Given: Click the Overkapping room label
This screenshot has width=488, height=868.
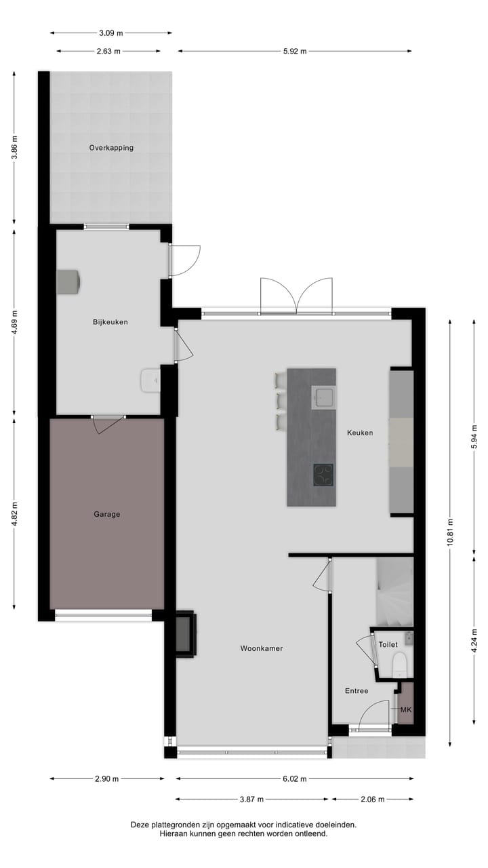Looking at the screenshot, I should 111,148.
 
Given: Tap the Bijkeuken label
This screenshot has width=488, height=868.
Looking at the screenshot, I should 110,322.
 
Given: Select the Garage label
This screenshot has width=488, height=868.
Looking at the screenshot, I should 107,514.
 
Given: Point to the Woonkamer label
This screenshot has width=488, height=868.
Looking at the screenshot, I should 262,649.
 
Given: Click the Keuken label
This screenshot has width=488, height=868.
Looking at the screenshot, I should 360,433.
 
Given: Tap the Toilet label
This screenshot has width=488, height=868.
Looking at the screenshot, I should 388,645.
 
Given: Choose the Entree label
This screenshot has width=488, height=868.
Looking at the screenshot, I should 357,691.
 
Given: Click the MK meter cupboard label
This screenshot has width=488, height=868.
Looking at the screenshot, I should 406,710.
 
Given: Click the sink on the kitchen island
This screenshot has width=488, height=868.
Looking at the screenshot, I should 323,397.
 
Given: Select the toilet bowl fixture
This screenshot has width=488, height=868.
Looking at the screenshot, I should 399,665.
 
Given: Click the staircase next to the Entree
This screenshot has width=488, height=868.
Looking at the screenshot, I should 394,591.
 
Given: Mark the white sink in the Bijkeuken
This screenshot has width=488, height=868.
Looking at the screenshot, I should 149,380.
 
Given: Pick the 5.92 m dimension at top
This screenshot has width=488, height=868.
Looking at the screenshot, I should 295,51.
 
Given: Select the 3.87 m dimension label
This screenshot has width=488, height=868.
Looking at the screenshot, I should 251,800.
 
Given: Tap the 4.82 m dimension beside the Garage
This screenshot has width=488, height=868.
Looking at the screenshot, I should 15,513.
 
